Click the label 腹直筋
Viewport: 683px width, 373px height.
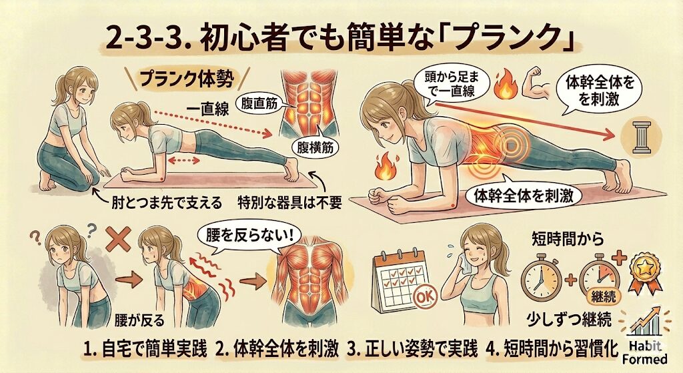259,104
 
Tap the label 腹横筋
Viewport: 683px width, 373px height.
315,148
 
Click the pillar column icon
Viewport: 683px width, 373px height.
641,137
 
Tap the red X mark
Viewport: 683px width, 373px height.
118,238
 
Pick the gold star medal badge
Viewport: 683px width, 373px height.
644,273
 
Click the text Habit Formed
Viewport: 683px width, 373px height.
645,352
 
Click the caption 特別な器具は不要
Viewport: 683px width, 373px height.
289,203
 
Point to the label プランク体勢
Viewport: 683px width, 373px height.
187,80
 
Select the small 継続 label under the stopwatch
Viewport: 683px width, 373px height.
604,296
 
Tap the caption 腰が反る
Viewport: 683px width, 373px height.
140,321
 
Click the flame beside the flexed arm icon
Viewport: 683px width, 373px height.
506,85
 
